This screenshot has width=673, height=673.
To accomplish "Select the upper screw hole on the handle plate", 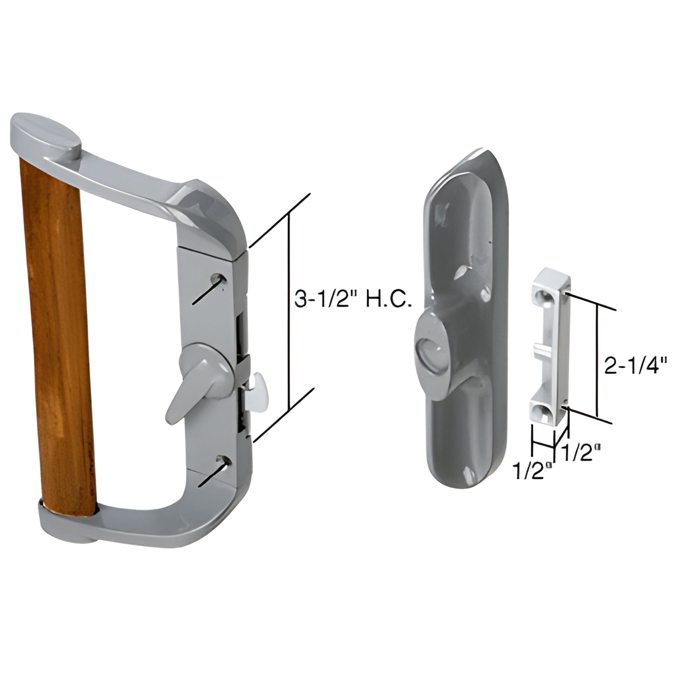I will pos(218,279).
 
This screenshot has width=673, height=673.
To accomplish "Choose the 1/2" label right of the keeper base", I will pos(580,453).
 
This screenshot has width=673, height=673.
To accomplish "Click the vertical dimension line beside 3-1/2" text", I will pos(290,312).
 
